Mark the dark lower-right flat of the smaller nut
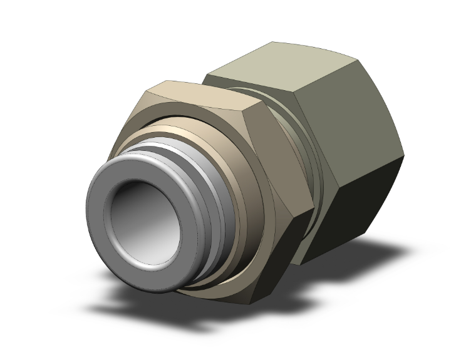tap(282, 250)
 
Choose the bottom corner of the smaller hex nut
tap(251, 304)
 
